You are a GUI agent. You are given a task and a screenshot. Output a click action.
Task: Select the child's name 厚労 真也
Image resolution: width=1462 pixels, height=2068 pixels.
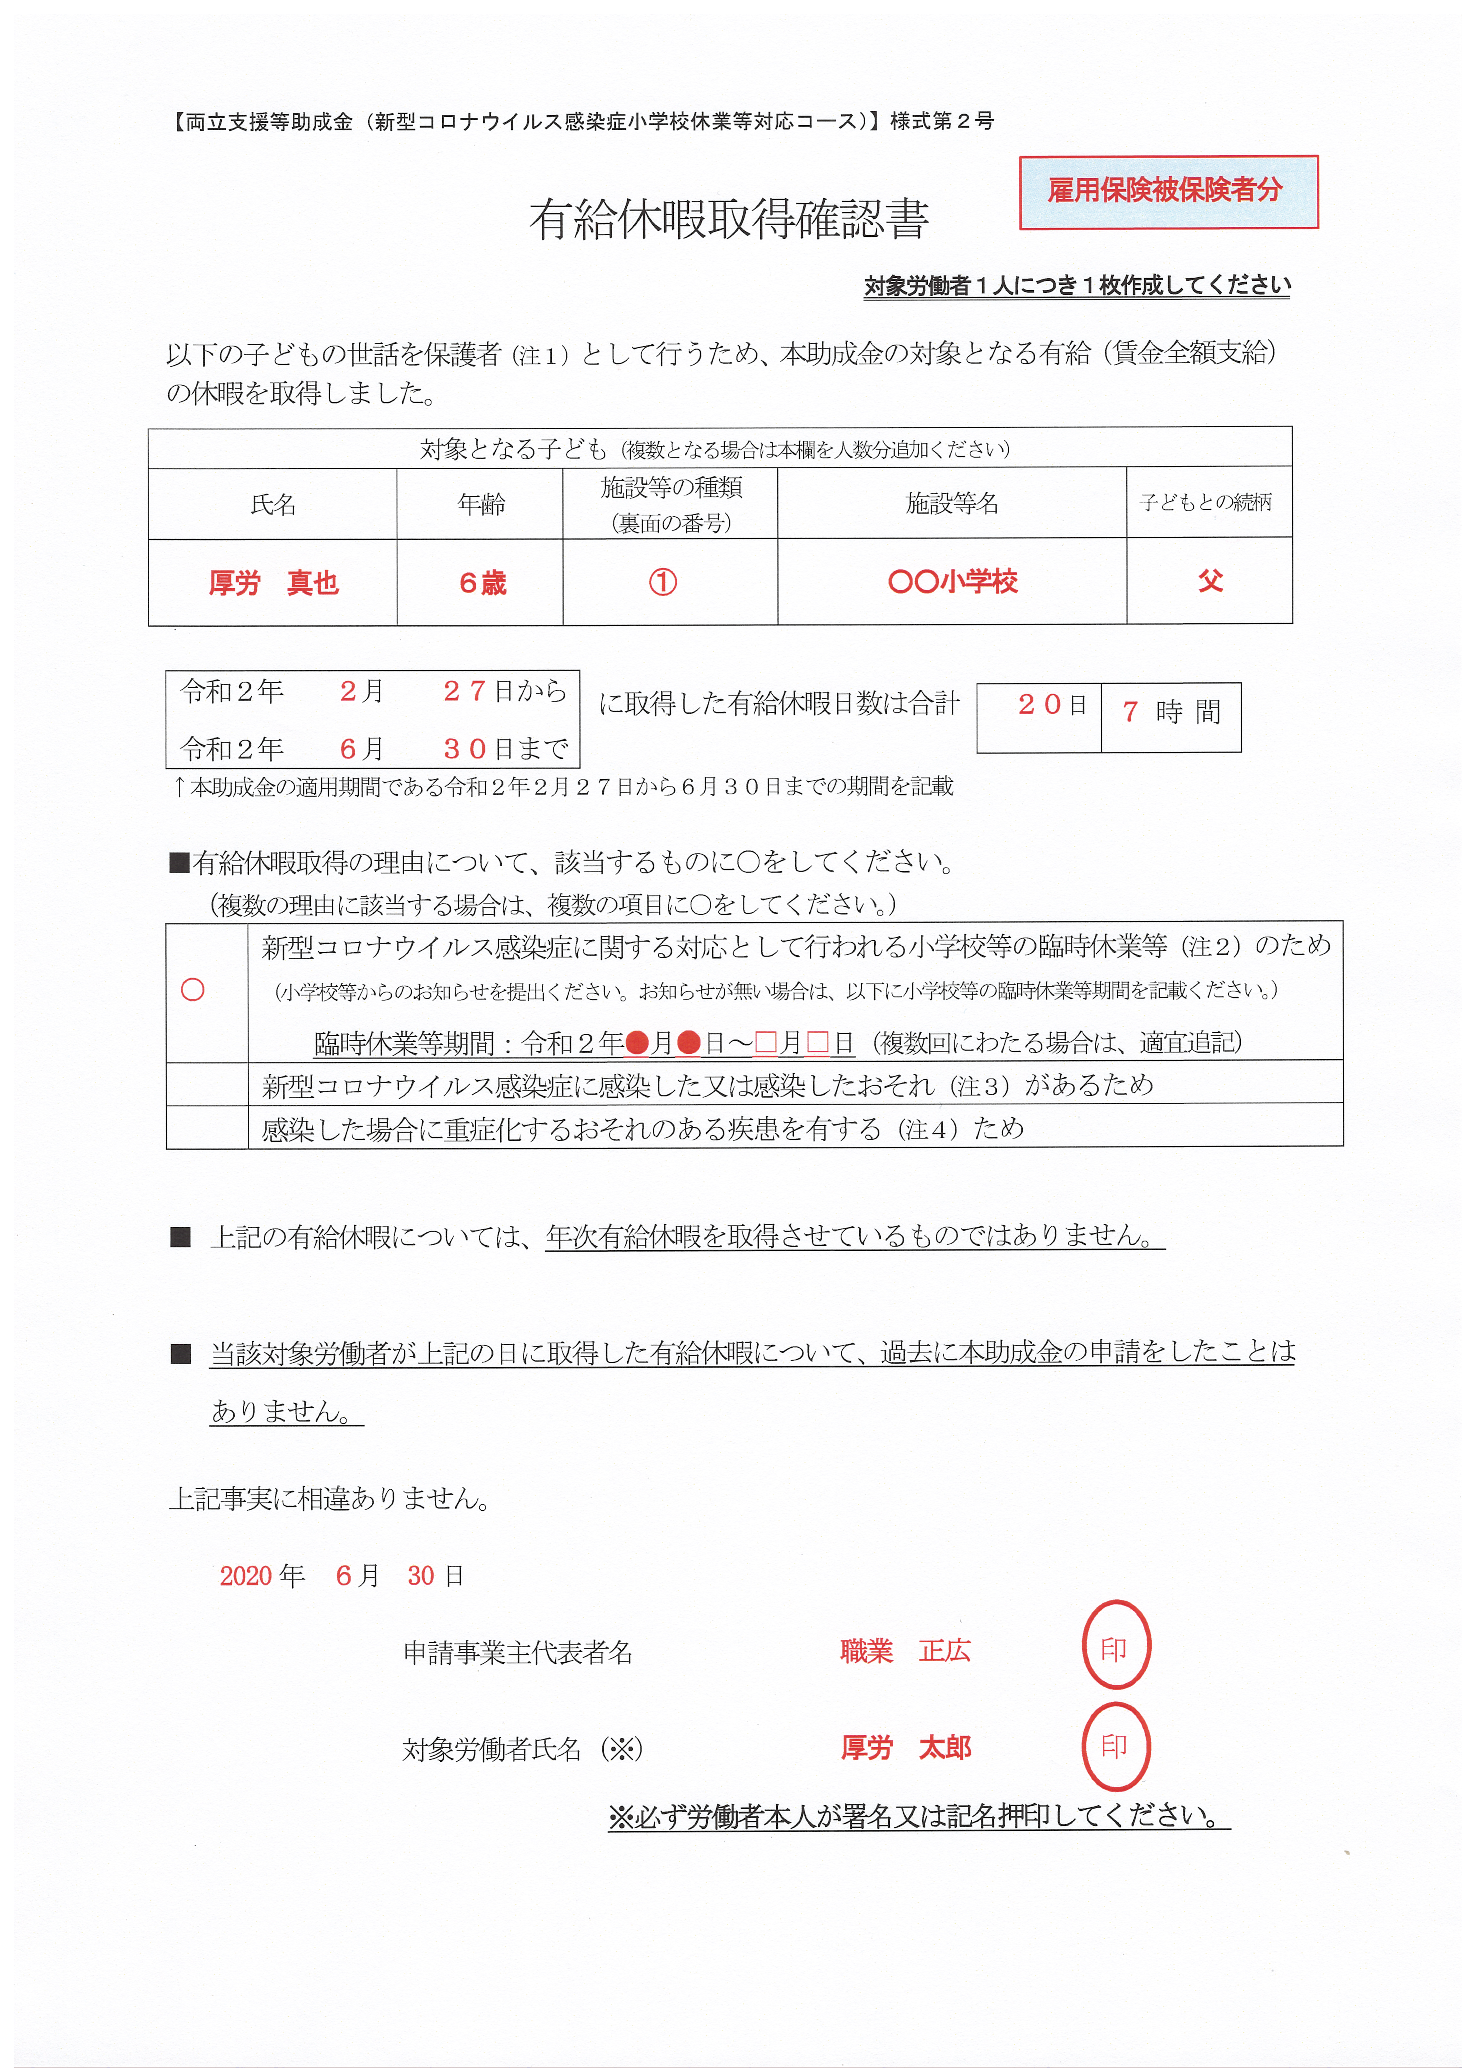tap(273, 583)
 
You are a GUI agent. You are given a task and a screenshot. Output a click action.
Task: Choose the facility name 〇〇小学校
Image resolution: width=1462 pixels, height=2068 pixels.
tap(952, 581)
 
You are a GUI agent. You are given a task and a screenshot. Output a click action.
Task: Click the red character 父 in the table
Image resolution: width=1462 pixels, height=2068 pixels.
tap(1210, 581)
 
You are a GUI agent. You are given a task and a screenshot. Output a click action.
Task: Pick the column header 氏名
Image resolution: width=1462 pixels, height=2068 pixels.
tap(273, 503)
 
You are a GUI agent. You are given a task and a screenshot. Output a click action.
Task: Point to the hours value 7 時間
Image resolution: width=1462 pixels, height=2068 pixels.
tap(1171, 712)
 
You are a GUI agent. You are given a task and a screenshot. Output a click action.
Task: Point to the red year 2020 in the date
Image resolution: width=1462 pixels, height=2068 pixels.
tap(246, 1575)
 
